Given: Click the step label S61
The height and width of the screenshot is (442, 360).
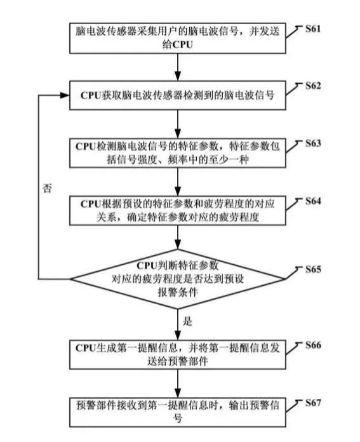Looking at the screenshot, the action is (313, 29).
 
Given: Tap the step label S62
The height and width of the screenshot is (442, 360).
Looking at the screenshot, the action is (313, 86).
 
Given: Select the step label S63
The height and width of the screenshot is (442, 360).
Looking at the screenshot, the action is (313, 144).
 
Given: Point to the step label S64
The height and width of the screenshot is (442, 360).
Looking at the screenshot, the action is (313, 201).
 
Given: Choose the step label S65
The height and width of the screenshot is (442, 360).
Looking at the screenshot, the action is (313, 269).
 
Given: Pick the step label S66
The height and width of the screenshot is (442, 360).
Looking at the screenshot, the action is (313, 345).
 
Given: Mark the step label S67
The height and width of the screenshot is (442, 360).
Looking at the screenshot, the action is (313, 403).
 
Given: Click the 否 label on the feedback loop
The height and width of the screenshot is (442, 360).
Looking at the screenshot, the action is (47, 188).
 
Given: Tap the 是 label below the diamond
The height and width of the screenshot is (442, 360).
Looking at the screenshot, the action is (187, 321).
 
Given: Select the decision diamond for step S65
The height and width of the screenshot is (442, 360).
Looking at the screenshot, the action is (178, 279).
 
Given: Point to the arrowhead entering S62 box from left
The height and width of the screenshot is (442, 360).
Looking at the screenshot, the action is (65, 95).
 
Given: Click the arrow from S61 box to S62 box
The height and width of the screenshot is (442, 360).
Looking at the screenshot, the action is (178, 67).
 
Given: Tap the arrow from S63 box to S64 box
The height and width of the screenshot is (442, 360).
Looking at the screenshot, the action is (178, 182).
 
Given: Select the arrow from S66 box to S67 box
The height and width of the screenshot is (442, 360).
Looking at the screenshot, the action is (178, 384).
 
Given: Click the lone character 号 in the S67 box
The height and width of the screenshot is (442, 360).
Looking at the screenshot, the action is (178, 418).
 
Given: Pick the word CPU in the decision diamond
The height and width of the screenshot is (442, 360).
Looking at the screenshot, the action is (147, 265).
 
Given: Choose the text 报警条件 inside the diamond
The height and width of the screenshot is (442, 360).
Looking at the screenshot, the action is (178, 292).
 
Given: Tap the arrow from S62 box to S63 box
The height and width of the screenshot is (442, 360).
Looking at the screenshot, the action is (178, 124).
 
